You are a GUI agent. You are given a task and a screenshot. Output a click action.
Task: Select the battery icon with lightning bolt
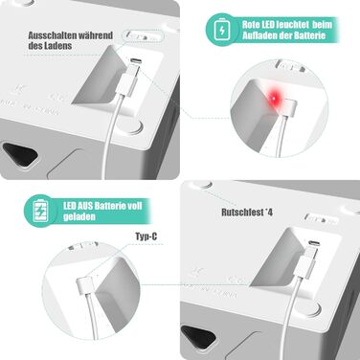pos(222,30)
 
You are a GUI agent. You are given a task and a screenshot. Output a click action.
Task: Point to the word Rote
pos(253,23)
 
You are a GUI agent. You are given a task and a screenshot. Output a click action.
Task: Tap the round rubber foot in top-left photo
pos(131,124)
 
